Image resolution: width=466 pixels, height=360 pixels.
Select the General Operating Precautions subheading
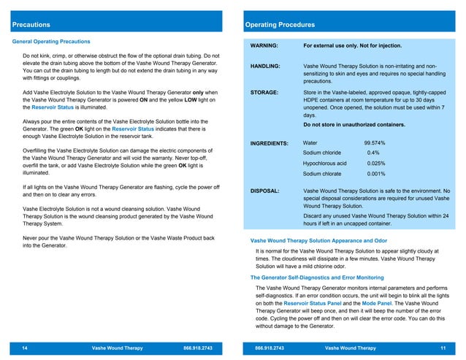click(x=52, y=42)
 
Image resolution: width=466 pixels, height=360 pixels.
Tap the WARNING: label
click(x=264, y=46)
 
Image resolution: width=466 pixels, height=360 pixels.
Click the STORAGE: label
click(x=264, y=93)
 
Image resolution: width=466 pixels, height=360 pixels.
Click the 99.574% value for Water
click(x=375, y=143)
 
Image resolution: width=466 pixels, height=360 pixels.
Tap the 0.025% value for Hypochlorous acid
click(x=375, y=164)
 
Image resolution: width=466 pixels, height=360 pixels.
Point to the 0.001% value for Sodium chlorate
click(x=375, y=175)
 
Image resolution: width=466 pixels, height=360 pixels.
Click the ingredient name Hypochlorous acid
click(x=325, y=164)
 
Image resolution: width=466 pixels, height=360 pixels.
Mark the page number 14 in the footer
click(x=25, y=348)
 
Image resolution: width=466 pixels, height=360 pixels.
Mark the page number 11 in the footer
click(x=442, y=348)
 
